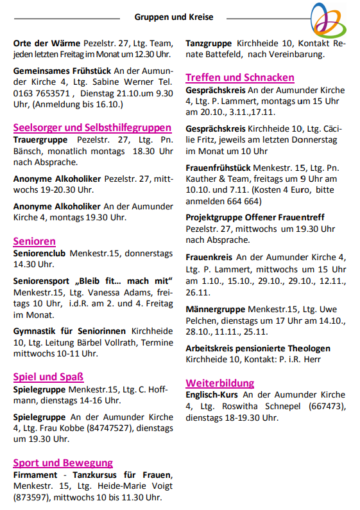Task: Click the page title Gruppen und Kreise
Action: click(174, 17)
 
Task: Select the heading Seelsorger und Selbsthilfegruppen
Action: click(92, 127)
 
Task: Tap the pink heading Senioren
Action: click(34, 241)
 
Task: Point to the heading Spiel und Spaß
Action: click(48, 376)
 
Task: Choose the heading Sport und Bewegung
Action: click(63, 462)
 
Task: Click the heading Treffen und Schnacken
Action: click(240, 78)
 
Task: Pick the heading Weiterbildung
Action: click(219, 383)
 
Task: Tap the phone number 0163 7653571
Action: click(40, 92)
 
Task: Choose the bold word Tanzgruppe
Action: click(209, 43)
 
